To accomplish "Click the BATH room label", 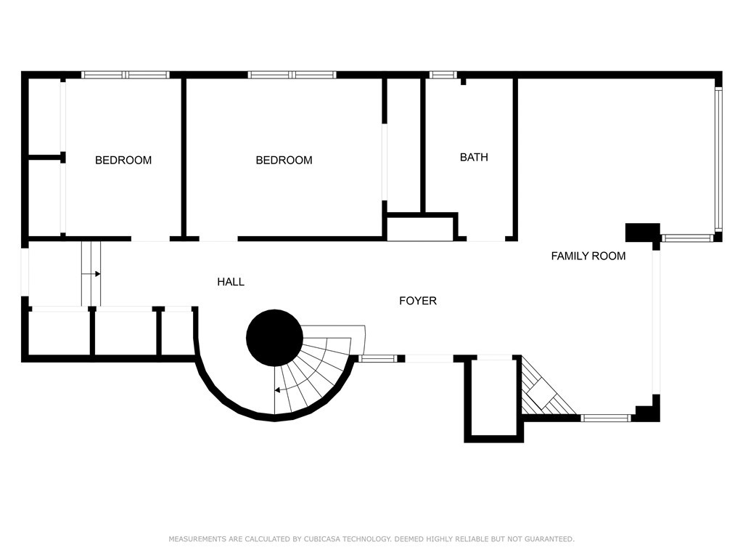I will (474, 157).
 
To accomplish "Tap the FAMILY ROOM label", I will (588, 256).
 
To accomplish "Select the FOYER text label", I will (418, 301).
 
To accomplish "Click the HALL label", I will (231, 282).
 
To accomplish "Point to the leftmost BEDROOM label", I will (123, 161).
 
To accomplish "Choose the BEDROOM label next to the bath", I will (284, 161).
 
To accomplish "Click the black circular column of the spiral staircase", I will (274, 338).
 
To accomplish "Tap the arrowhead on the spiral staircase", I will (277, 390).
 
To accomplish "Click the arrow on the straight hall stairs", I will (97, 274).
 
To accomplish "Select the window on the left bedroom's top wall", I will (125, 75).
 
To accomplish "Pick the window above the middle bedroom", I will (292, 75).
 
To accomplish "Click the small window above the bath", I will (443, 75).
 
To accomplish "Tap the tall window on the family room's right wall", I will (718, 160).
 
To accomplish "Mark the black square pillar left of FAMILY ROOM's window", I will (643, 232).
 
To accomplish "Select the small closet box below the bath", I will (420, 228).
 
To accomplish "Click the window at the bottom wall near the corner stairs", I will (607, 418).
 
